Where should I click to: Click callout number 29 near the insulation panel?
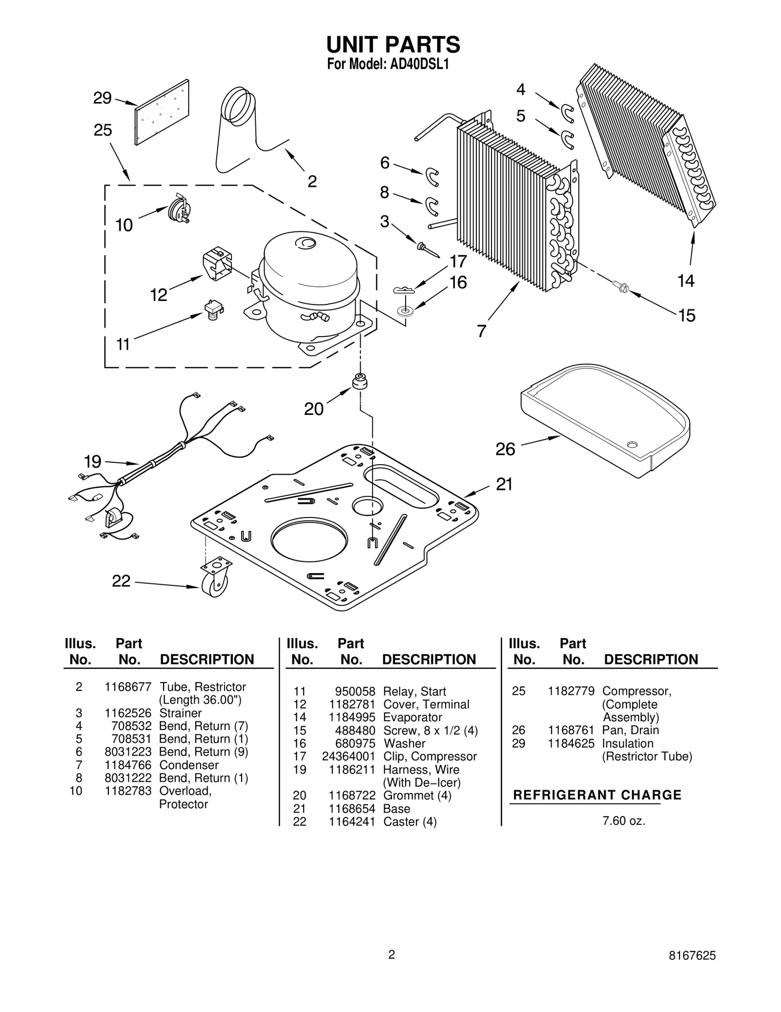[x=102, y=98]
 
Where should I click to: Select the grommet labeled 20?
[x=360, y=381]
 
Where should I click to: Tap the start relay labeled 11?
[x=213, y=309]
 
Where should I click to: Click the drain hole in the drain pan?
[x=632, y=445]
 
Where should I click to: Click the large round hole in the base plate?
[x=309, y=543]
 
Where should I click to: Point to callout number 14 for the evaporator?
[x=686, y=280]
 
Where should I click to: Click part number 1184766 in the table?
[x=128, y=765]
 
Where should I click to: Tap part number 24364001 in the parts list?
[x=349, y=756]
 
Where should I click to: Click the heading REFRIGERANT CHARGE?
[x=597, y=795]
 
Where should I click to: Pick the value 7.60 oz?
[x=623, y=821]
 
